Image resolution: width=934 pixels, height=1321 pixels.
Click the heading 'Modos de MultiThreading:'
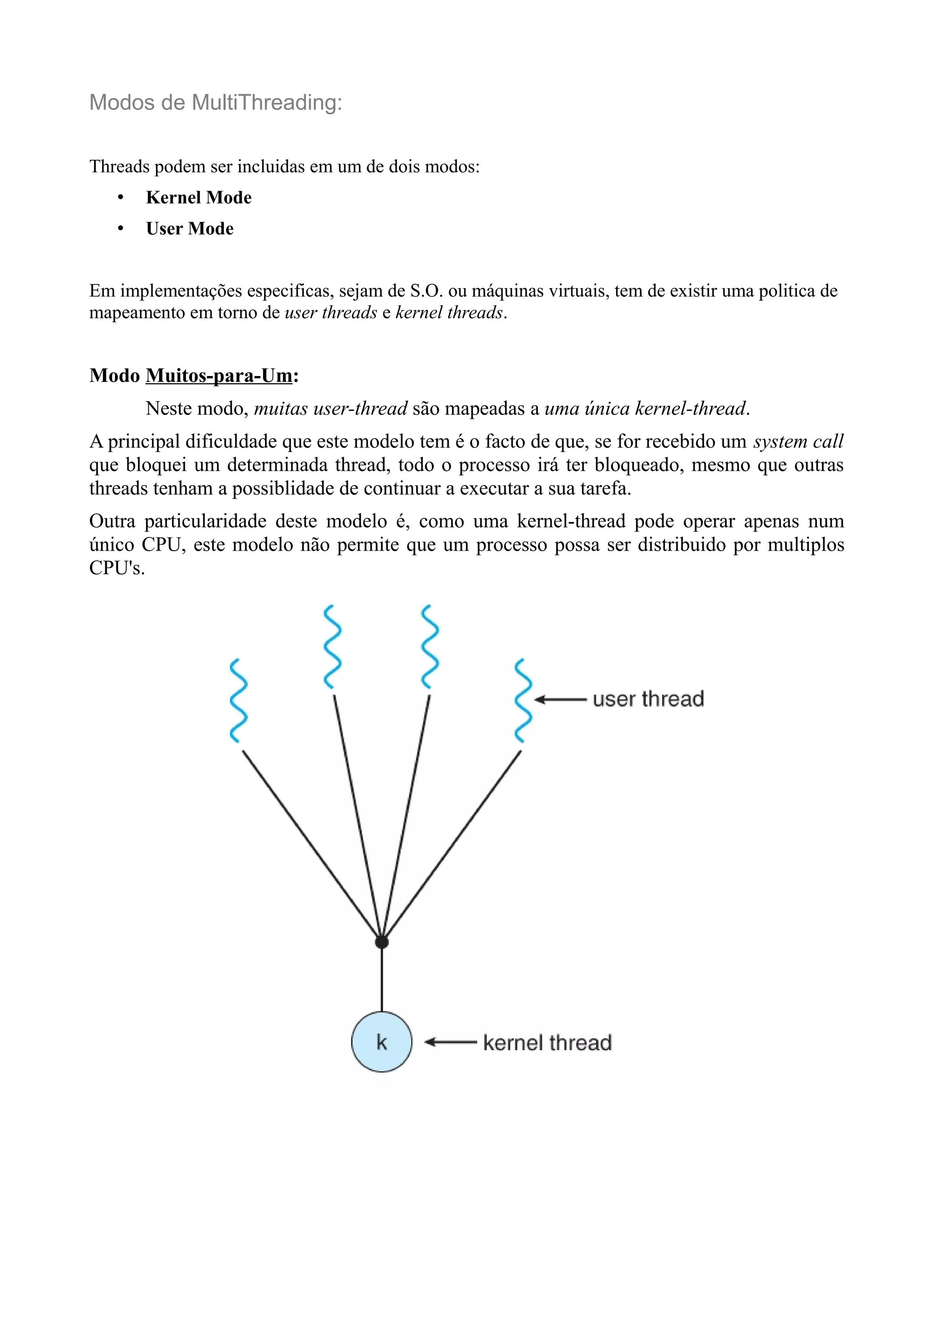[x=215, y=103]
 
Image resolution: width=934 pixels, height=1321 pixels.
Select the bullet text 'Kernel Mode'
[x=198, y=197]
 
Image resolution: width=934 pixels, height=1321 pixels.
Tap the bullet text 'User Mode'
[x=189, y=228]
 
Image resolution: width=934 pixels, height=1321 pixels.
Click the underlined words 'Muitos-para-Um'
[x=219, y=376]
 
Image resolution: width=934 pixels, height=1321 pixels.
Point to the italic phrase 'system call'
[x=798, y=441]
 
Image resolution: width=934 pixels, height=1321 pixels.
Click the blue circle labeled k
[x=382, y=1042]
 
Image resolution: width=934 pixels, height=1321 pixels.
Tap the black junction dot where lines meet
[x=382, y=942]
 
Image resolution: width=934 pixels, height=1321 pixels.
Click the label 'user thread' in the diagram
[x=648, y=699]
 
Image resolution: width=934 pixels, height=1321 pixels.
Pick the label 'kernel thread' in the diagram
[x=547, y=1042]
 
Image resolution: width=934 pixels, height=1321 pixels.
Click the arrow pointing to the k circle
[x=450, y=1042]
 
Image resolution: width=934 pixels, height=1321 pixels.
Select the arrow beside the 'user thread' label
[x=560, y=700]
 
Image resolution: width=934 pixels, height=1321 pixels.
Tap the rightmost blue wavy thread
[x=523, y=701]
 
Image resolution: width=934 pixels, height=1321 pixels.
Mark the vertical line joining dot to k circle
[x=382, y=978]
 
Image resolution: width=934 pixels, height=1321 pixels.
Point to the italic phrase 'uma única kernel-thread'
[x=644, y=408]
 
